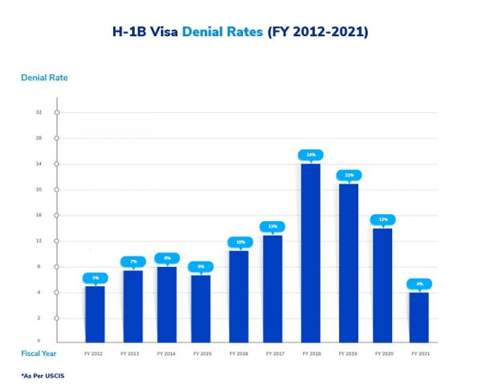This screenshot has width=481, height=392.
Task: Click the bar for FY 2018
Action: (x=310, y=253)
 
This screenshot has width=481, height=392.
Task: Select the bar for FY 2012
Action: (x=95, y=314)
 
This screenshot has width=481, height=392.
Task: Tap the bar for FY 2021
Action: (x=418, y=317)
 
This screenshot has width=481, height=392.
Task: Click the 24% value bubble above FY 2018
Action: (x=310, y=154)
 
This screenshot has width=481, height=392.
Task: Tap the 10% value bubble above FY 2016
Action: (x=239, y=241)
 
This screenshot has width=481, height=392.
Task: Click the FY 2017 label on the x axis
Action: (x=273, y=353)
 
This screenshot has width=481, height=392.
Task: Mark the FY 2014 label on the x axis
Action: (x=166, y=353)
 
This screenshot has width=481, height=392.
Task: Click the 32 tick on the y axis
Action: (x=38, y=112)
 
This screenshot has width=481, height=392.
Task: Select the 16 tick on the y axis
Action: (x=38, y=215)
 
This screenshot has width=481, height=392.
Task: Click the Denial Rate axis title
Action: (x=44, y=78)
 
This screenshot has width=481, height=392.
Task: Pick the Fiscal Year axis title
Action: (x=38, y=353)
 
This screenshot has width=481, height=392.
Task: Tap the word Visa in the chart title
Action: (x=164, y=33)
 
